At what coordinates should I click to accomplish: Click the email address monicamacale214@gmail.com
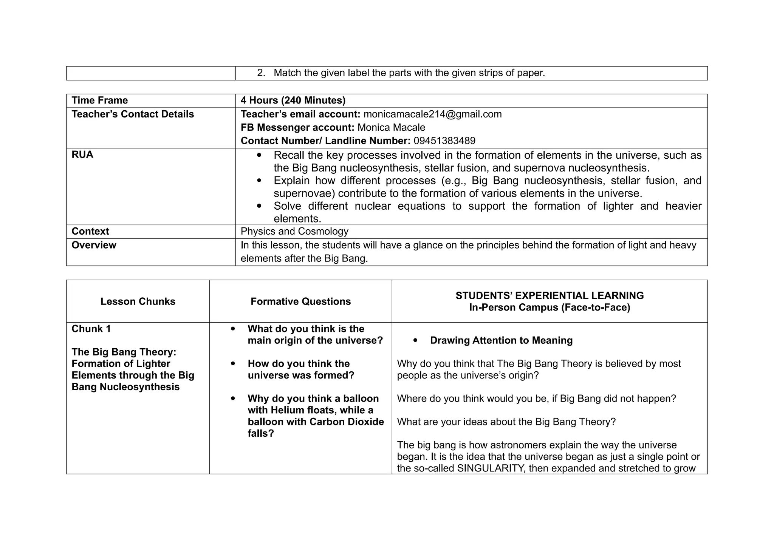pos(432,114)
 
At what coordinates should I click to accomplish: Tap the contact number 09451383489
pos(444,141)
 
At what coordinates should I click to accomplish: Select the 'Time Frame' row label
pos(100,100)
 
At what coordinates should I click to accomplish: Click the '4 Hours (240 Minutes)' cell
pos(293,100)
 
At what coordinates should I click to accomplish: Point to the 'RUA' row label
pos(82,155)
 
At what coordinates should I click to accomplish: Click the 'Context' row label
pos(90,231)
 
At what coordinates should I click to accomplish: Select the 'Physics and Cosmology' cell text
pos(294,231)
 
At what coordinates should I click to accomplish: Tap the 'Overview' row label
pos(94,245)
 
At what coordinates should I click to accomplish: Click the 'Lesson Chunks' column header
pos(138,301)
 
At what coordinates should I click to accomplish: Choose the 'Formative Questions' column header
pos(300,301)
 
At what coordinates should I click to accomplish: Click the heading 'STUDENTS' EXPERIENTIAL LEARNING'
pos(550,295)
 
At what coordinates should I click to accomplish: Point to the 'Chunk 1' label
pos(91,329)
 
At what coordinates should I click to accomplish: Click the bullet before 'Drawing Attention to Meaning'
pos(416,340)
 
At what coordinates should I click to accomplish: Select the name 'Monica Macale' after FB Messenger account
pos(391,128)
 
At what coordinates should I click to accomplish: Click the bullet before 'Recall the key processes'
pos(259,155)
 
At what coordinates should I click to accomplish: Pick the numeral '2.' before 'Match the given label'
pos(261,73)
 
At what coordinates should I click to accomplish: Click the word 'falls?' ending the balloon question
pos(261,433)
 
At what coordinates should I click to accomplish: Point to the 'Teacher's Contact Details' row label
pos(133,114)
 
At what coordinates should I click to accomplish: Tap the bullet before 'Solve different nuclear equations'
pos(259,206)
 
